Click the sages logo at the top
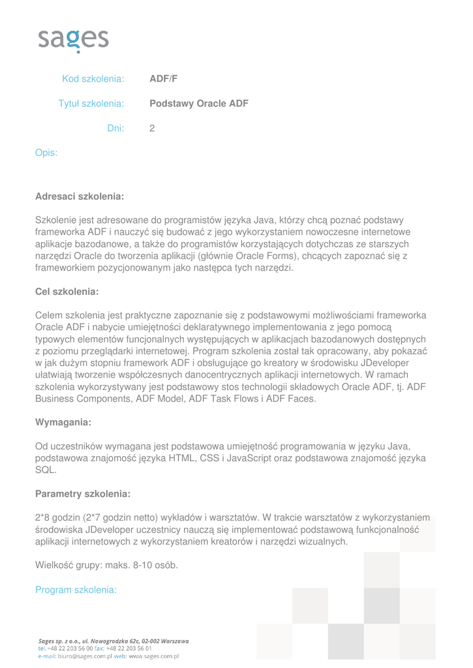72,40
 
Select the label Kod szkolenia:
93,80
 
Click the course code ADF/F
163,80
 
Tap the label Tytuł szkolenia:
91,104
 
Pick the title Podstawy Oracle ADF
199,104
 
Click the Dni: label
115,129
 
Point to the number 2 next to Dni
152,129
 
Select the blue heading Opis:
46,153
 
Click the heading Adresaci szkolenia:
79,196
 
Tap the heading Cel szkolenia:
66,291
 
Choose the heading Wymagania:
63,423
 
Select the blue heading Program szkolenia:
76,590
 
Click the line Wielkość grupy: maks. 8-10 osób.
106,565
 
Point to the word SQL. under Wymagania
46,470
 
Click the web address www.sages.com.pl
153,656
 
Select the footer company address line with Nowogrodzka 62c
114,641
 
